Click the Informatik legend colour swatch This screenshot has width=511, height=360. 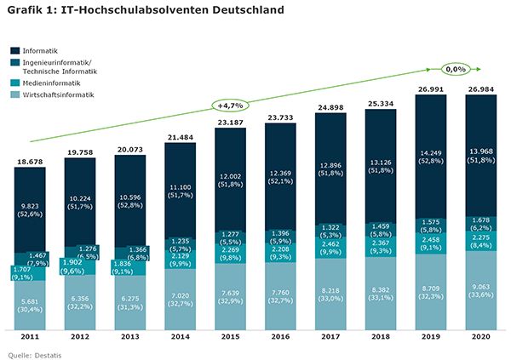[15, 52]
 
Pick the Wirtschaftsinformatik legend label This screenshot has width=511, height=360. [59, 94]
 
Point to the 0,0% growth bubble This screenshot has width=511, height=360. [456, 68]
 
